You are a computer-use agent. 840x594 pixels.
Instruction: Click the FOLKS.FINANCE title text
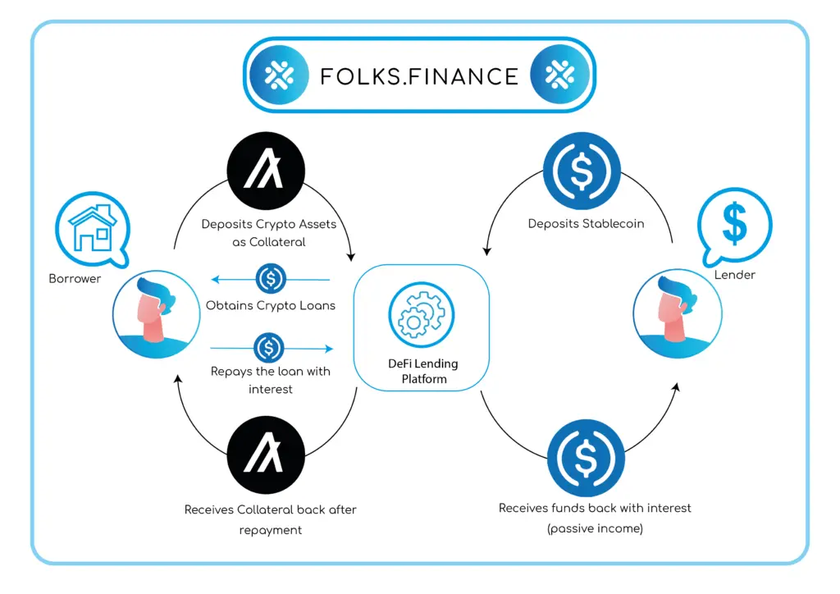[419, 76]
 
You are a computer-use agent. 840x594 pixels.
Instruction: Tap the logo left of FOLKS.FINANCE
[279, 75]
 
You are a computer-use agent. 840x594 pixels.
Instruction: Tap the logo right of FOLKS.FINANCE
[561, 75]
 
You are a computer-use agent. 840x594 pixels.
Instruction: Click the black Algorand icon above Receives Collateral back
[267, 455]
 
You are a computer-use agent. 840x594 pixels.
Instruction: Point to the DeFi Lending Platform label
[423, 371]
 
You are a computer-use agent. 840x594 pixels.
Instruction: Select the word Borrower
[75, 279]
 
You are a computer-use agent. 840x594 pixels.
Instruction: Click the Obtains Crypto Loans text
[271, 306]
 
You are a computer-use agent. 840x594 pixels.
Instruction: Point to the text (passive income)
[595, 529]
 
